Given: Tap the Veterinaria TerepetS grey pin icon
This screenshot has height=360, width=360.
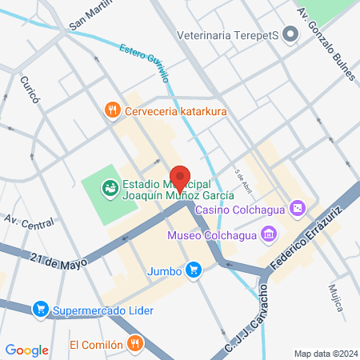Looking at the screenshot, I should [x=290, y=34].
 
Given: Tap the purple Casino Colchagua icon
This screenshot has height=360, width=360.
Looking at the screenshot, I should [x=298, y=209].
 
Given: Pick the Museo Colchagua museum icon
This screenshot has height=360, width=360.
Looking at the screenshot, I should [x=268, y=234].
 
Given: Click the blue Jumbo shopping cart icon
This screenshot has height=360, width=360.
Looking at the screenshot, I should [x=192, y=270].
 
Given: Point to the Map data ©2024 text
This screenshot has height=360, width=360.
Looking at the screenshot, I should [x=325, y=353].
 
